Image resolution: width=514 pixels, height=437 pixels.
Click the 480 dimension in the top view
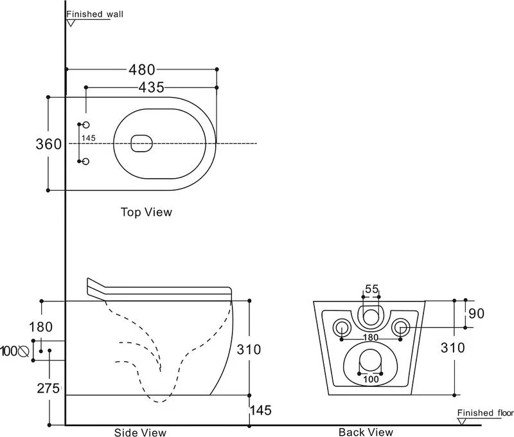pyautogui.click(x=141, y=69)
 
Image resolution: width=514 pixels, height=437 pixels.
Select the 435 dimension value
pyautogui.click(x=151, y=87)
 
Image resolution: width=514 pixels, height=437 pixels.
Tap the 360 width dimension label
pyautogui.click(x=48, y=144)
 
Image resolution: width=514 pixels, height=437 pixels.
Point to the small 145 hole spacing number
pyautogui.click(x=89, y=138)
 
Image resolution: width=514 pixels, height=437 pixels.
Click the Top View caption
pyautogui.click(x=146, y=211)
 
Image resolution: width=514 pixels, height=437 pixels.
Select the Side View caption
pyautogui.click(x=140, y=432)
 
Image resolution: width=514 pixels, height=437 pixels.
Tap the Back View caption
pyautogui.click(x=366, y=432)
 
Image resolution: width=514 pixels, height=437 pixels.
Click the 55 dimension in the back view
pyautogui.click(x=372, y=289)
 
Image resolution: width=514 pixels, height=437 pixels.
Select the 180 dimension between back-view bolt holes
pyautogui.click(x=369, y=337)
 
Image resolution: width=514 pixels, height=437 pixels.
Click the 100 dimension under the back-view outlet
pyautogui.click(x=370, y=379)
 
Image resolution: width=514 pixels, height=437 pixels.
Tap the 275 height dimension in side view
pyautogui.click(x=48, y=388)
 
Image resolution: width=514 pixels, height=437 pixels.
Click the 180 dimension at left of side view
pyautogui.click(x=40, y=327)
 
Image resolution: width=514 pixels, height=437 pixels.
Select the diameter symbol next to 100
pyautogui.click(x=24, y=351)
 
